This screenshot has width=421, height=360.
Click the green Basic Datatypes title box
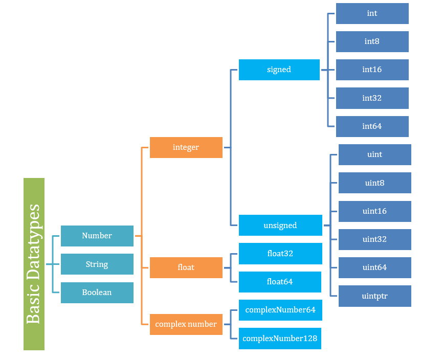[34, 264]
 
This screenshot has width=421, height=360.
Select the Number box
[97, 236]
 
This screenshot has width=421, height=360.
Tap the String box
[97, 264]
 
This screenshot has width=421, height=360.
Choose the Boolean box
[97, 292]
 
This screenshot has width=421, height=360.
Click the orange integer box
[186, 147]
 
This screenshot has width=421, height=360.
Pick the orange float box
[186, 267]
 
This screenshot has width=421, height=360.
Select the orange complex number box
[186, 324]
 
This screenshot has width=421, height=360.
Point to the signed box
[279, 70]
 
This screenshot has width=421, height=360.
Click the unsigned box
[280, 226]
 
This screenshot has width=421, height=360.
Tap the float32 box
[280, 254]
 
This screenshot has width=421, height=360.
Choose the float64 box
[280, 282]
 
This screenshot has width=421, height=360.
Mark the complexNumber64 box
[280, 310]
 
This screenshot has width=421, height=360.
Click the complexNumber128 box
[280, 339]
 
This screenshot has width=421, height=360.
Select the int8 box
[372, 41]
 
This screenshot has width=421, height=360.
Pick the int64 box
[372, 126]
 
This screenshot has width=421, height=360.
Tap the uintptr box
[374, 296]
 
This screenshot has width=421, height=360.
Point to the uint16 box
[374, 211]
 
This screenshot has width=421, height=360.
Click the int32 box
[372, 98]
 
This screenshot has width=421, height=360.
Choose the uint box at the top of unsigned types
[374, 154]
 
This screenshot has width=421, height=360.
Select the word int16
[372, 70]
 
